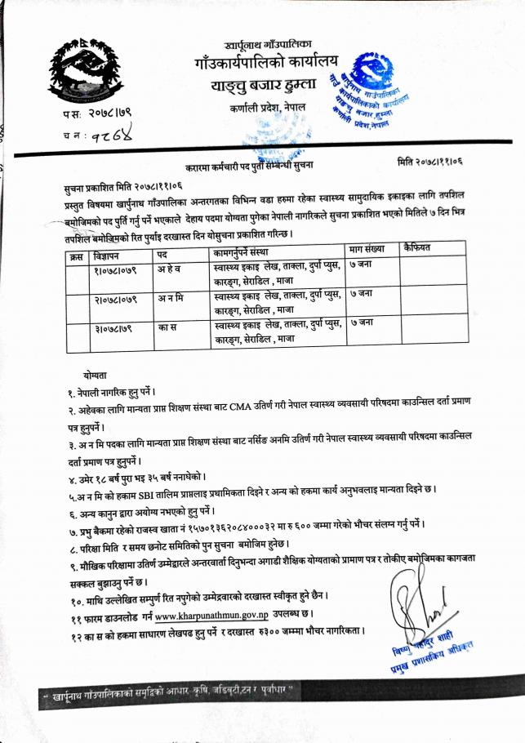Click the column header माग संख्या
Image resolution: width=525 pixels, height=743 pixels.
click(x=365, y=247)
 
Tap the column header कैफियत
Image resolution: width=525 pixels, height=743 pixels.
click(x=417, y=247)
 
